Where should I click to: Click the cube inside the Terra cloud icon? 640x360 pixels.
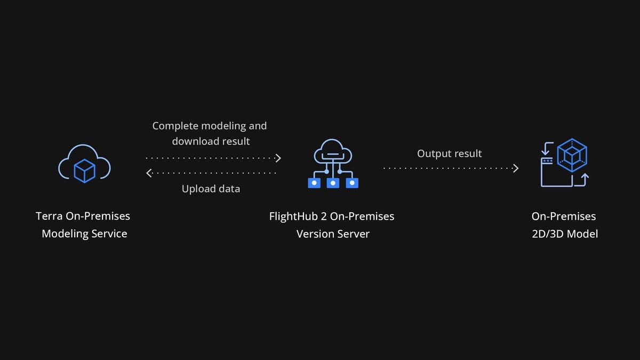click(84, 170)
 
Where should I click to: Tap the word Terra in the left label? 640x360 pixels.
click(49, 216)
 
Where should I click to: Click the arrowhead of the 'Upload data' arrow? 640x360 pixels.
click(149, 173)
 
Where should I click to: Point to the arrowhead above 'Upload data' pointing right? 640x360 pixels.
click(277, 158)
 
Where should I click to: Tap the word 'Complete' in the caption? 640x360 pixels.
click(175, 126)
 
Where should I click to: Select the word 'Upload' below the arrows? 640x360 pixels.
click(198, 189)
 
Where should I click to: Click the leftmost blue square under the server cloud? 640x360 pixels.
click(315, 183)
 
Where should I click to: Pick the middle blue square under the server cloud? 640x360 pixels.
click(333, 183)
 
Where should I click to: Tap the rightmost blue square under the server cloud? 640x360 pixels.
click(352, 183)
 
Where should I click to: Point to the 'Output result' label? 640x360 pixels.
click(449, 154)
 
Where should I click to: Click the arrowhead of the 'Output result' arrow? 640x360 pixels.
click(515, 169)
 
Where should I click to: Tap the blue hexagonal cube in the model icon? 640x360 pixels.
click(572, 155)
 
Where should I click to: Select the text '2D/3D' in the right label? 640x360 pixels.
click(547, 234)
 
